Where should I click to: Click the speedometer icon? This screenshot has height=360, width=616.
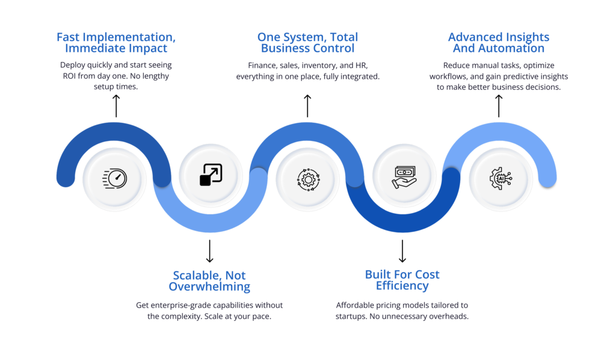pos(115,179)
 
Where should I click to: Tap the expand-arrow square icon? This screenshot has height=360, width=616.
pos(211,175)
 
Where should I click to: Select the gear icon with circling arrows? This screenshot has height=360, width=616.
pos(309,179)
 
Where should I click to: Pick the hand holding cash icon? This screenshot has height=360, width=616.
pos(404,177)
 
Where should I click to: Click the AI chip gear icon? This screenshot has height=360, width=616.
pos(501,178)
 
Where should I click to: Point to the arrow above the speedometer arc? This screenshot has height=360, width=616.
pos(116,106)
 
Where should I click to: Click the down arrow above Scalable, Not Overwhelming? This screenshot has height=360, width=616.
pos(210,251)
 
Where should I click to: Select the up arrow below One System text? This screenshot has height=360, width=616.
pos(307,106)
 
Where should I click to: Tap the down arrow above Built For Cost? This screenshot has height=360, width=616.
pos(402,251)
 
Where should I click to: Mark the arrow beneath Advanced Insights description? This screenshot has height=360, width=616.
pos(499,106)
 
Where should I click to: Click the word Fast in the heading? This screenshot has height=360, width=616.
pos(68,37)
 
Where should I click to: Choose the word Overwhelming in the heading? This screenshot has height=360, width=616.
pos(209,287)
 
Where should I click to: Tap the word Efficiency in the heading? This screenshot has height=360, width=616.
pos(402,286)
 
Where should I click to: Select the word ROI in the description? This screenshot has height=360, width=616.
pos(69,76)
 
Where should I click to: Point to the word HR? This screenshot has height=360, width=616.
pos(362,65)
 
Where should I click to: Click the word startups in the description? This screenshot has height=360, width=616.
pos(351,317)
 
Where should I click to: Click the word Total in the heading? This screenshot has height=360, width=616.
pos(343,37)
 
